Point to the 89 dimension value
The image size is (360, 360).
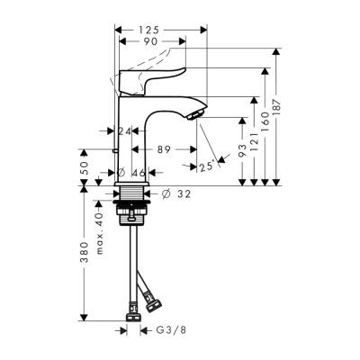click(x=163, y=150)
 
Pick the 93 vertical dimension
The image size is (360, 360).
click(x=243, y=152)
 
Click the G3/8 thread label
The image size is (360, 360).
click(x=170, y=330)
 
